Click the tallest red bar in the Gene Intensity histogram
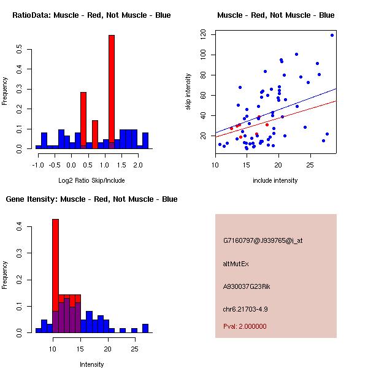pyautogui.click(x=55, y=264)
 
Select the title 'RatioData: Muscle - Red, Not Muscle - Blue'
pyautogui.click(x=92, y=15)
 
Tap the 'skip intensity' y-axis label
pyautogui.click(x=188, y=91)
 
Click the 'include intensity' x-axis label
pyautogui.click(x=275, y=180)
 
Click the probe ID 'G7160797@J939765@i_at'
pyautogui.click(x=263, y=240)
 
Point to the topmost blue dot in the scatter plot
pyautogui.click(x=332, y=35)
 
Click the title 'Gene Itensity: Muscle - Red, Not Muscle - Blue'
pyautogui.click(x=92, y=199)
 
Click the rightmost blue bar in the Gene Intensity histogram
pyautogui.click(x=145, y=328)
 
